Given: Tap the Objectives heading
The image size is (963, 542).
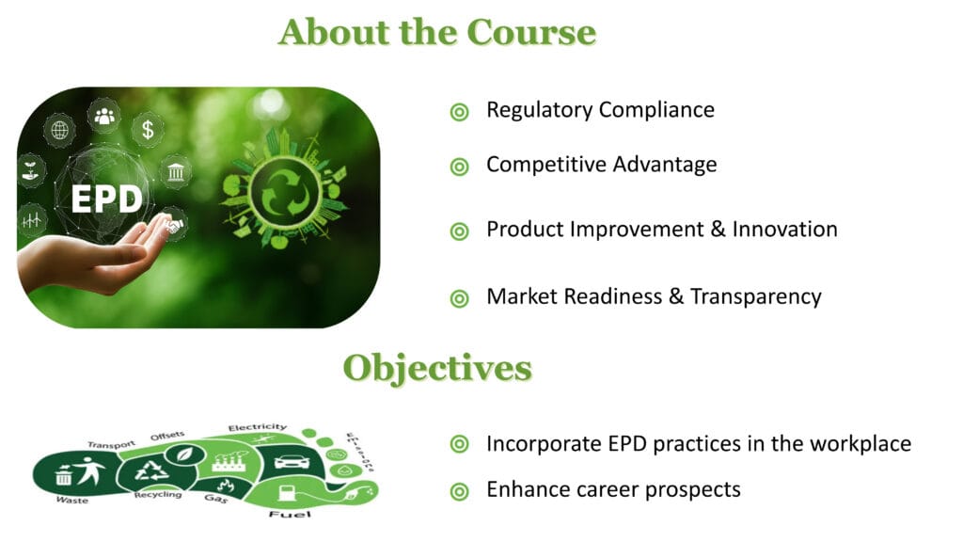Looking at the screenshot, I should click(x=437, y=367).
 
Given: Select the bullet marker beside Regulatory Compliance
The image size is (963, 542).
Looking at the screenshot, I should click(x=459, y=112).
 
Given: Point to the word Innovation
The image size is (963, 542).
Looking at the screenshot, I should click(x=784, y=229).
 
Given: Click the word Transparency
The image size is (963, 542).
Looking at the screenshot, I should click(x=755, y=296).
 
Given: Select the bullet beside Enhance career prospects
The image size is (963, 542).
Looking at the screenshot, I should click(x=459, y=491).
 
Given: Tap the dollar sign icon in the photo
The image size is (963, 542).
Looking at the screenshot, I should click(x=148, y=129).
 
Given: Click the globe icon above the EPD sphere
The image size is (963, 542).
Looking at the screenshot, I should click(x=59, y=130).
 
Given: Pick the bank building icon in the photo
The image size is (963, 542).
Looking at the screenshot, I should click(x=175, y=172).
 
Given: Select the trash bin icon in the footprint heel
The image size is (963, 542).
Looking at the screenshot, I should click(x=64, y=474).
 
